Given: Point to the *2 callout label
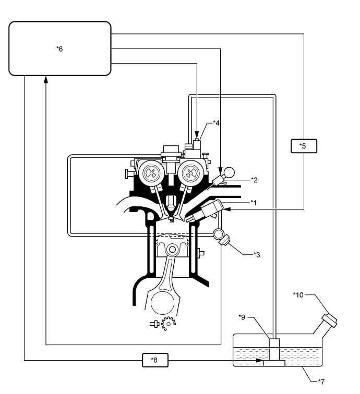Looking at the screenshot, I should coord(255,180).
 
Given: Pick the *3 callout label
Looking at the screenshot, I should coord(256,254).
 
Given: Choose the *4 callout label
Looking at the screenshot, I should coord(216,124).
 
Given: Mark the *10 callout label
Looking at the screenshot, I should coord(298,295).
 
